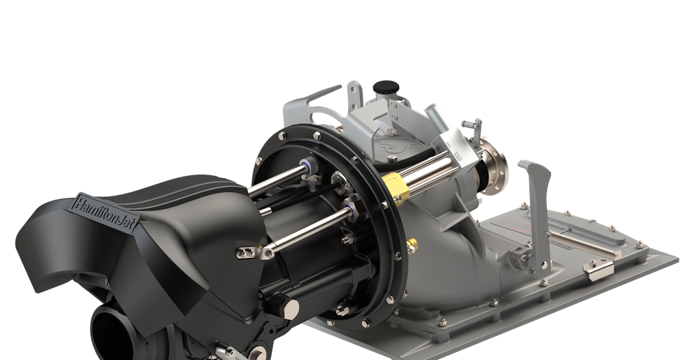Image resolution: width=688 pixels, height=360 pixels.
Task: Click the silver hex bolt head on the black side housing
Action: pyautogui.click(x=292, y=308)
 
